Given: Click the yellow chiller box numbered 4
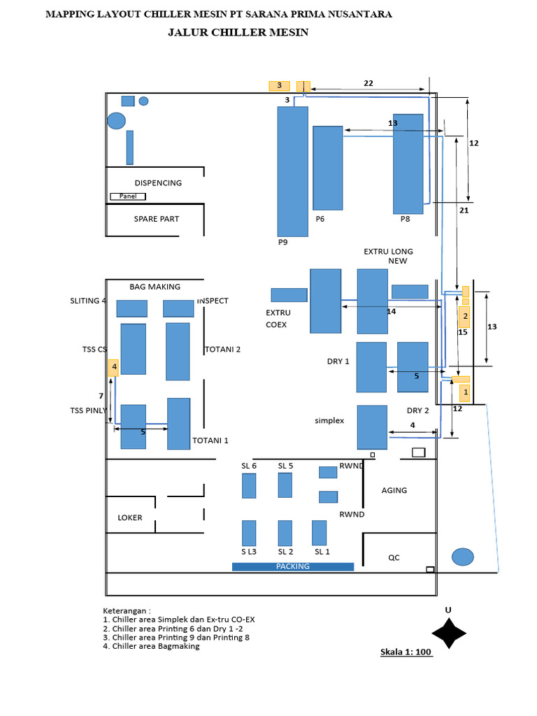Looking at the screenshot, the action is [x=113, y=368].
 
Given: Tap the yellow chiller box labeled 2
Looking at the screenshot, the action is [x=464, y=317].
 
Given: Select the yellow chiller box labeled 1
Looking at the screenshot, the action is [x=465, y=392].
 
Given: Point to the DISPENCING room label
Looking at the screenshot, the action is [x=158, y=183].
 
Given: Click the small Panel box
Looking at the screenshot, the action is [x=128, y=196].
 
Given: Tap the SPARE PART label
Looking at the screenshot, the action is [x=156, y=219].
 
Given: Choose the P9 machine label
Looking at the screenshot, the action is [x=283, y=242].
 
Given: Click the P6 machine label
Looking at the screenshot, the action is [x=320, y=219].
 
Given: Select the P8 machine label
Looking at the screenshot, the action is [x=405, y=219].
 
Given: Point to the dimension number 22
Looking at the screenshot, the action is [x=368, y=83].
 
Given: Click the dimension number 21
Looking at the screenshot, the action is [x=464, y=210].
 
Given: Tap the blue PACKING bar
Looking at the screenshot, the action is [x=293, y=566].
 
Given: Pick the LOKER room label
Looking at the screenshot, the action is [x=130, y=518].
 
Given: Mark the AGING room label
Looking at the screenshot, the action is [x=394, y=490].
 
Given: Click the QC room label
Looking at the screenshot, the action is [x=394, y=557].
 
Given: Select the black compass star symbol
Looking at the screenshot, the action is [x=449, y=633].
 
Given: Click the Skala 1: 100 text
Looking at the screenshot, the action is [x=406, y=652].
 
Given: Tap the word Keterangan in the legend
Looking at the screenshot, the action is [x=124, y=611].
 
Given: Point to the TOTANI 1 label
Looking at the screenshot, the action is [x=210, y=441].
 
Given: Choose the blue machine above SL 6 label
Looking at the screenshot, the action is [x=249, y=486].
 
